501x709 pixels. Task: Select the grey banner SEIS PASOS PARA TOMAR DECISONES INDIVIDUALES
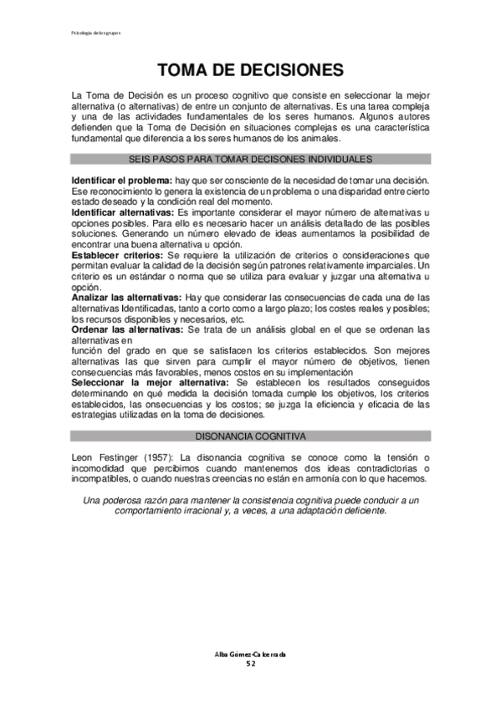250,159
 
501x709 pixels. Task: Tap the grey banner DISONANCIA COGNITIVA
250,436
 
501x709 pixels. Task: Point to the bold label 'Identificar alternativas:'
123,213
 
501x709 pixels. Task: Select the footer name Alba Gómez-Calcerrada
250,654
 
